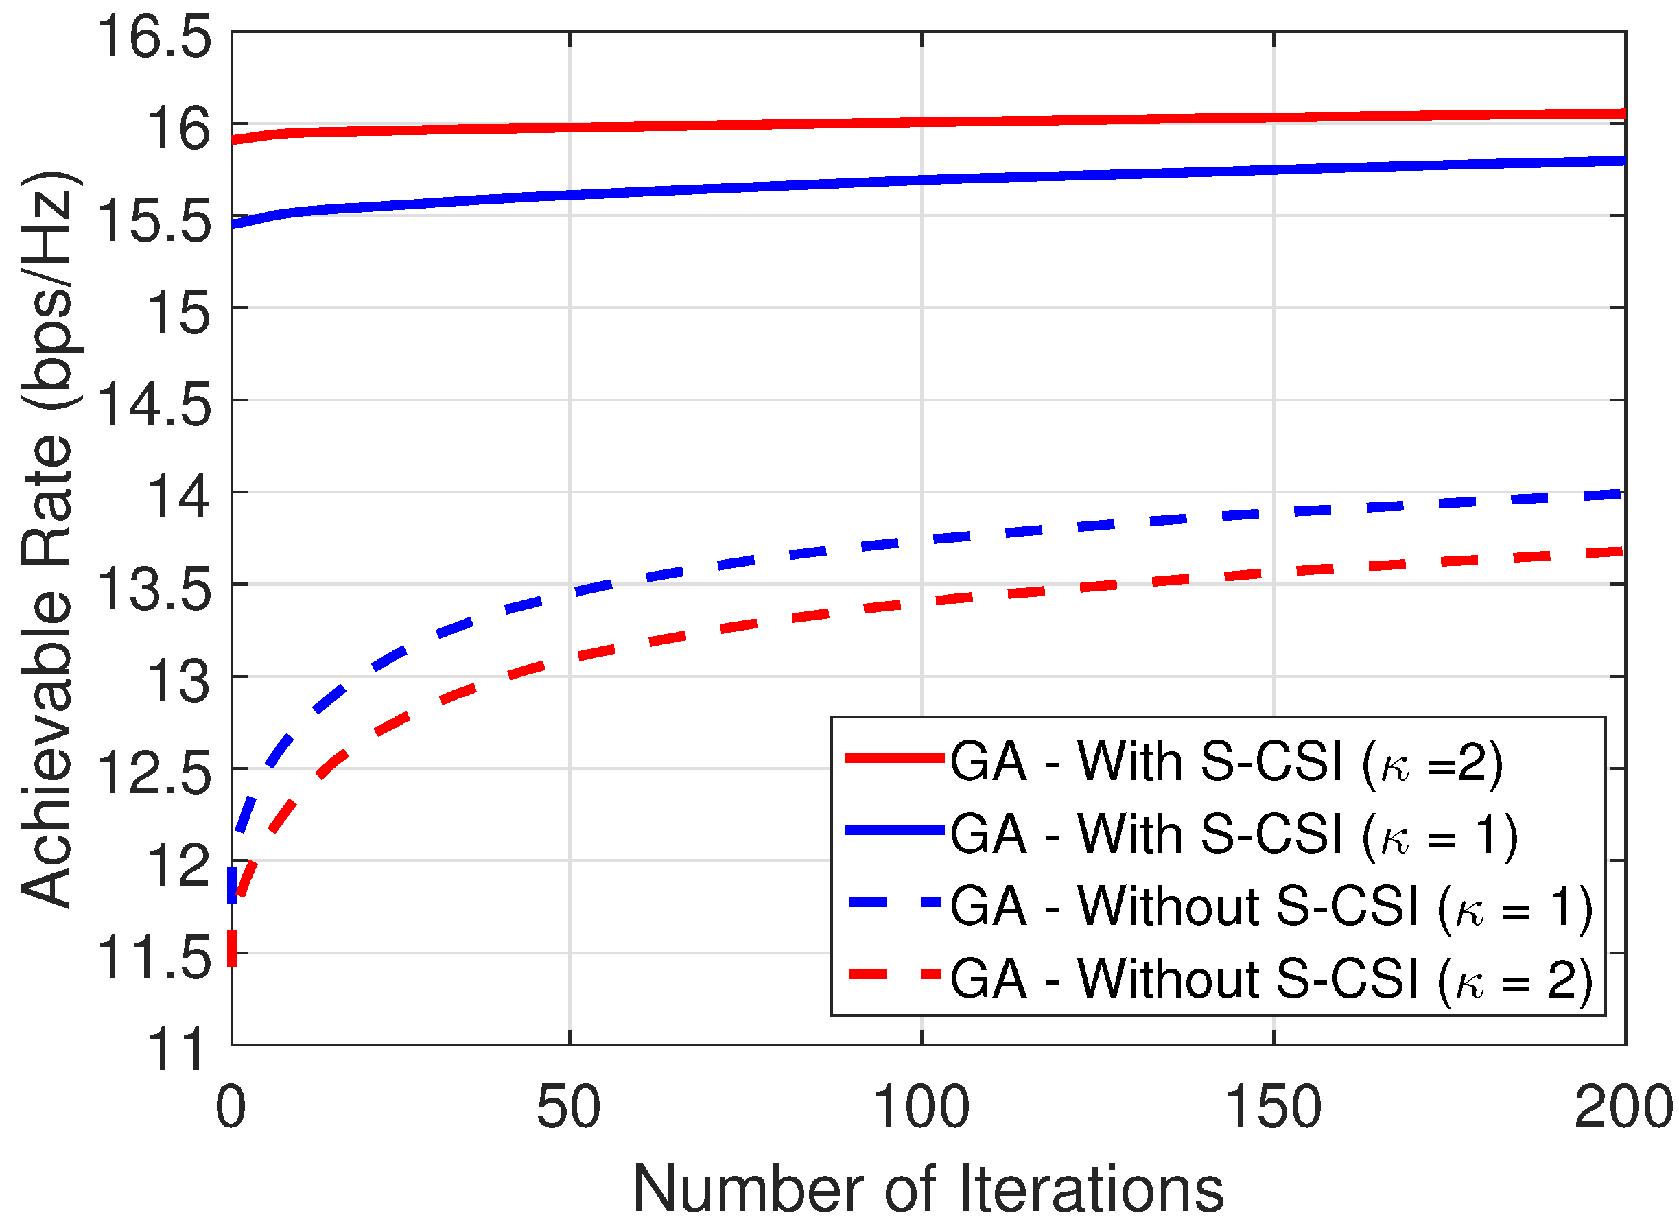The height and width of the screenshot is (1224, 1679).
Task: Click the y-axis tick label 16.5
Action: point(154,37)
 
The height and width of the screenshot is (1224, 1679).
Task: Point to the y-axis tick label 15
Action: point(178,313)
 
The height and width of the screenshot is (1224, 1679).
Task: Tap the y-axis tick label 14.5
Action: point(154,405)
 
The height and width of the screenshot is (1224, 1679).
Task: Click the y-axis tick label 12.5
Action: point(154,773)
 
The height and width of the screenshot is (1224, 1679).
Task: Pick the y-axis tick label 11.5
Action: point(154,957)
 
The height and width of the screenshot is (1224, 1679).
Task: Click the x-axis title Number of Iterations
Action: point(928,1189)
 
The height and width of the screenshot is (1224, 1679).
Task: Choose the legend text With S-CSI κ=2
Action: point(1226,762)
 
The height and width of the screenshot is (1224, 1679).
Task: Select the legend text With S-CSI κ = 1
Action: point(1234,835)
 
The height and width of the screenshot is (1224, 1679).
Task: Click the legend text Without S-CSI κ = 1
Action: point(1271,907)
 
